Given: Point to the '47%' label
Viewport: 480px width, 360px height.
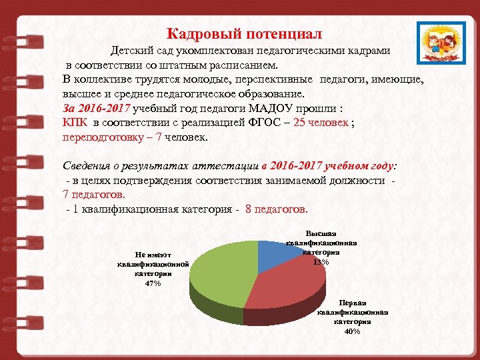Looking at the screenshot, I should pos(153,283).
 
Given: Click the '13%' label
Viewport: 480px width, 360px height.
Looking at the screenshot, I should pos(321,261).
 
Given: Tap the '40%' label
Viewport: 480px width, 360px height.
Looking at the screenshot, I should pos(353,331).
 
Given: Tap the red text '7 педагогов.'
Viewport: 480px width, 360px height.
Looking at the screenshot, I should pos(93,195).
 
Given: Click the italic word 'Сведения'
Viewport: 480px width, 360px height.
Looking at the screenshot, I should pos(85,166).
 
